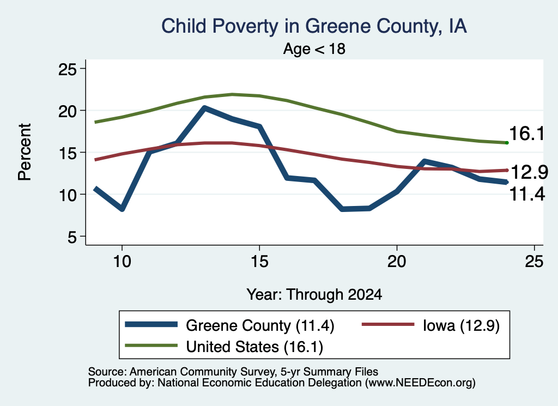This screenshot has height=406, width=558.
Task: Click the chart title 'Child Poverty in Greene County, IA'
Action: pos(314,27)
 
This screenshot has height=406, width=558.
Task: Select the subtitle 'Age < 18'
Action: pos(314,49)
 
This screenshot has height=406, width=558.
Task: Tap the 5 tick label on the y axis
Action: pos(72,237)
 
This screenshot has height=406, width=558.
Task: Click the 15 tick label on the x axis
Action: pos(259,262)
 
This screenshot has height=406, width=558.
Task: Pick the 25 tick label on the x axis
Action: pos(534,262)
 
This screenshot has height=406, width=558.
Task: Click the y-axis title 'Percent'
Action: pos(25,152)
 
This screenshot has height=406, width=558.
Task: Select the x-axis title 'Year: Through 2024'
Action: pos(314,295)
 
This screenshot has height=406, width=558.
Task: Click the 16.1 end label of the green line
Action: pos(527,134)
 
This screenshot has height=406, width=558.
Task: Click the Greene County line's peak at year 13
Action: pos(204,108)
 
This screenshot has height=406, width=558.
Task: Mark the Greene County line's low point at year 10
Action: pos(122,209)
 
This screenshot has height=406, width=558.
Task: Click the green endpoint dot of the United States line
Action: pos(507,143)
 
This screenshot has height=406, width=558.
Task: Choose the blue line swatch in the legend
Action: pos(151,324)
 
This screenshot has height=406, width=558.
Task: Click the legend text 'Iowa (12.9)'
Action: pos(461,325)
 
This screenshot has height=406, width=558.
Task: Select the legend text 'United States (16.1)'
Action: pos(254,347)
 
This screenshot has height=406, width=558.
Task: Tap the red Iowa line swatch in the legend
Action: pos(388,324)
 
